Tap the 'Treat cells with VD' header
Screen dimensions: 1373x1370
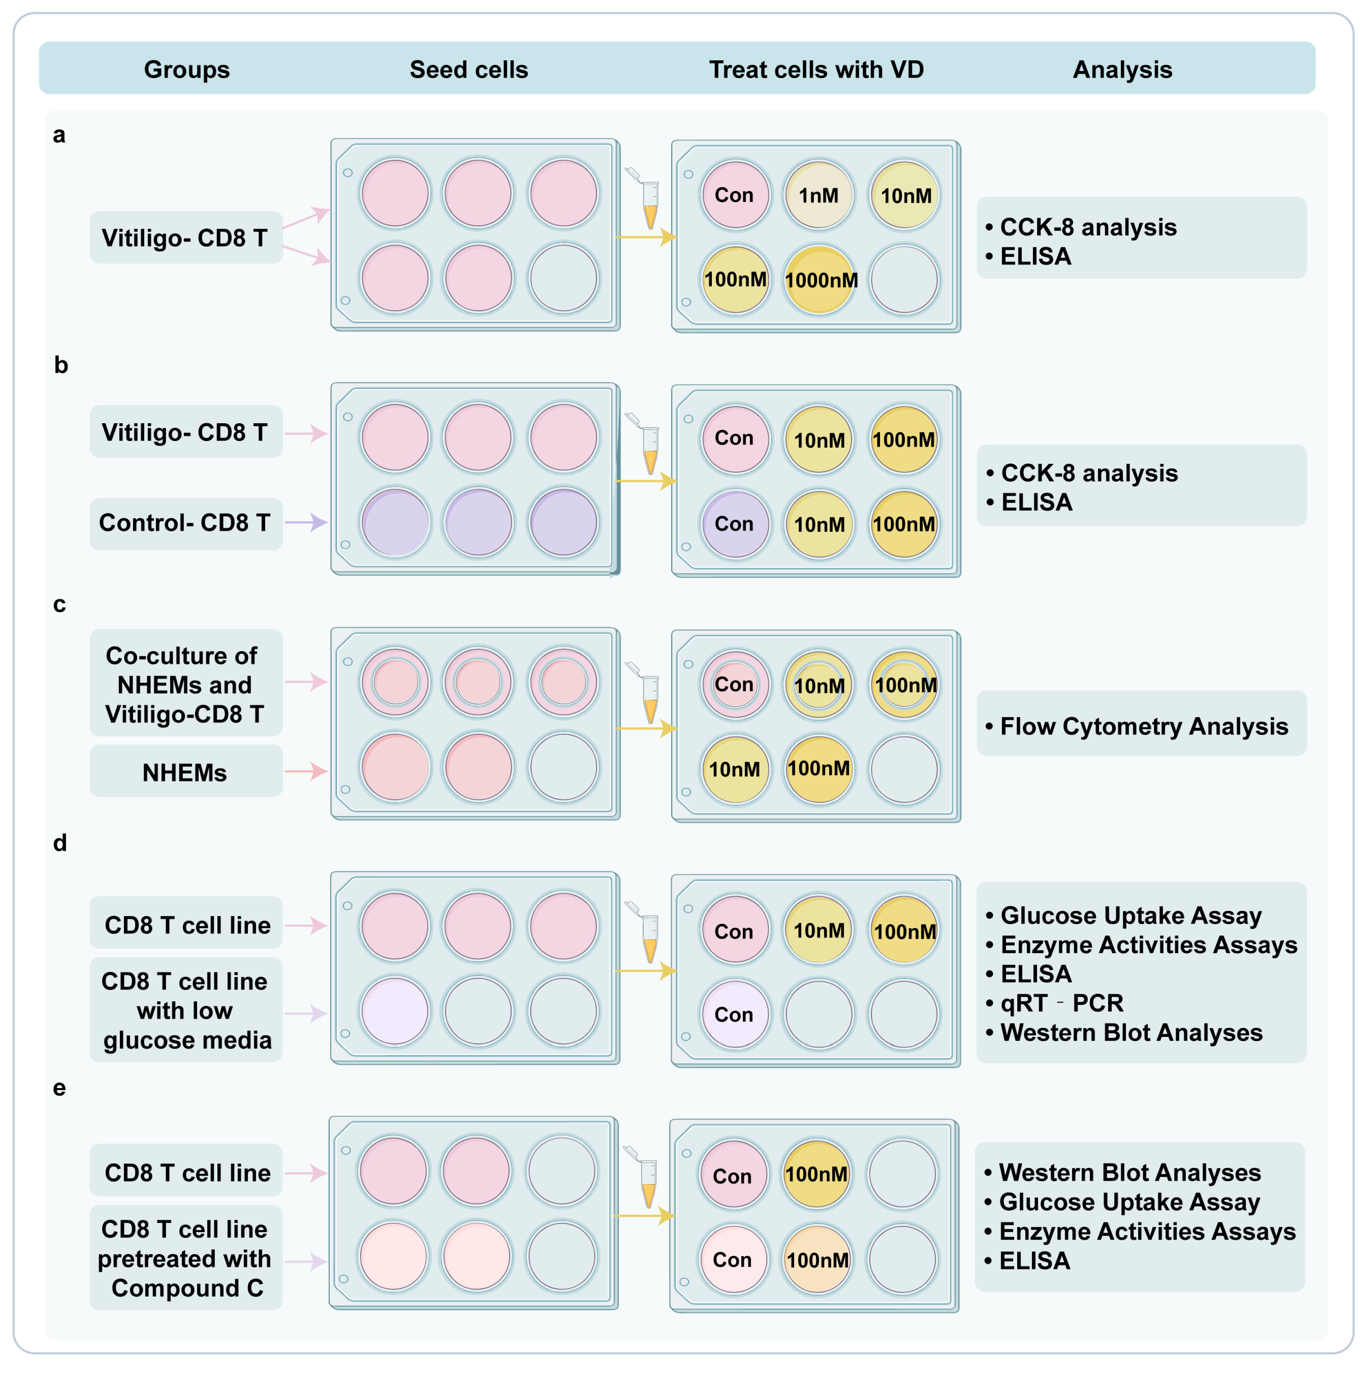point(816,70)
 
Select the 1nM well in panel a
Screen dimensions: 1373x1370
point(818,195)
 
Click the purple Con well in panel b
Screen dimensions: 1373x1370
point(735,524)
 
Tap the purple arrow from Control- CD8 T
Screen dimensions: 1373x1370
point(306,522)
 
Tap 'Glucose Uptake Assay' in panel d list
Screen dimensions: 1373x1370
point(1130,915)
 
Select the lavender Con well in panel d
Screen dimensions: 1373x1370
point(735,1014)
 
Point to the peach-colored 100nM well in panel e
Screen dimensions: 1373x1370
point(817,1260)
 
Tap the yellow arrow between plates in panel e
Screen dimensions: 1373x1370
point(643,1216)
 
